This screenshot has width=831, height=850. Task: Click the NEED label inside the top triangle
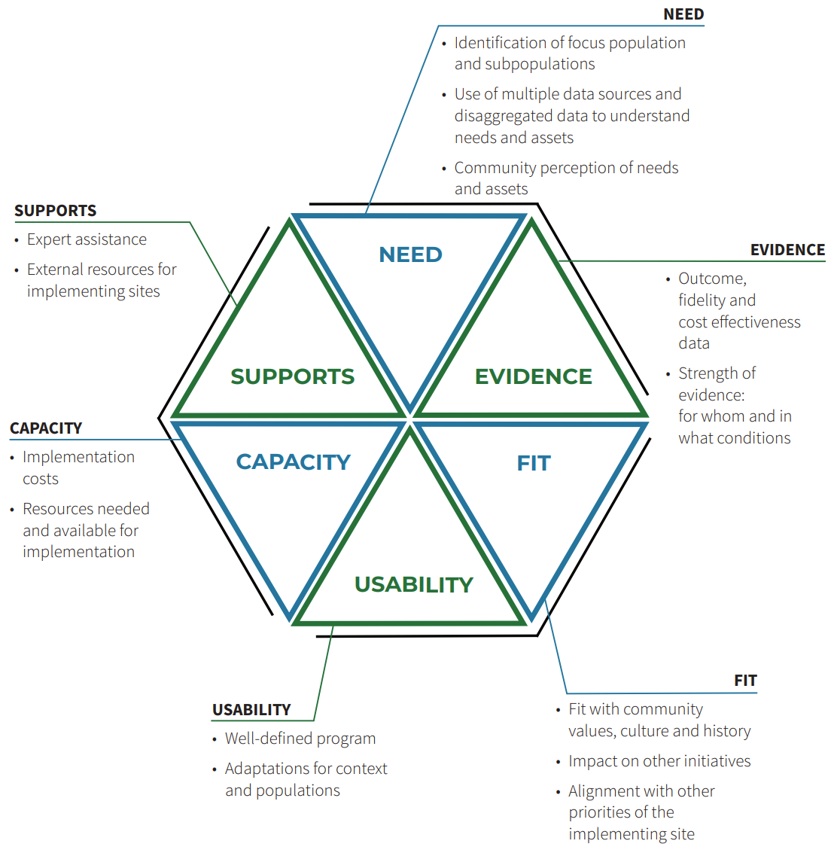coord(410,254)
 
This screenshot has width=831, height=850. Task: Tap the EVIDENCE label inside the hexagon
coord(533,376)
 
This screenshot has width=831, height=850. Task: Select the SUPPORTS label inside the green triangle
coord(292,376)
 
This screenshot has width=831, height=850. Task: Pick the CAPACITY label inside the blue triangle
coord(293,462)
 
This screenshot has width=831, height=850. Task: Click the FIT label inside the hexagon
coord(533,463)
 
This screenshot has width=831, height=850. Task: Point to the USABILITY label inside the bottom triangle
coord(413,584)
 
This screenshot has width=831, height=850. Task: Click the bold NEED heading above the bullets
coord(683,14)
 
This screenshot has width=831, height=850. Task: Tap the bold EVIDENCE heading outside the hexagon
coord(787,250)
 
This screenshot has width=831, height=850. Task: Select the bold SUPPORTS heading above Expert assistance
coord(55,211)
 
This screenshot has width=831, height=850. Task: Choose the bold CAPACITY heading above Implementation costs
coord(45,428)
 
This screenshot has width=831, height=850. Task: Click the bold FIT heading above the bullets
coord(745,681)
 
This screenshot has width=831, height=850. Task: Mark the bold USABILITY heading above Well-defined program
coord(251,710)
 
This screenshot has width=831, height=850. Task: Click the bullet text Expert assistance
coord(87,239)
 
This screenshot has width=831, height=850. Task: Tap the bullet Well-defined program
coord(300,739)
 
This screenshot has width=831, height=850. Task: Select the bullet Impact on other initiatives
coord(659,761)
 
